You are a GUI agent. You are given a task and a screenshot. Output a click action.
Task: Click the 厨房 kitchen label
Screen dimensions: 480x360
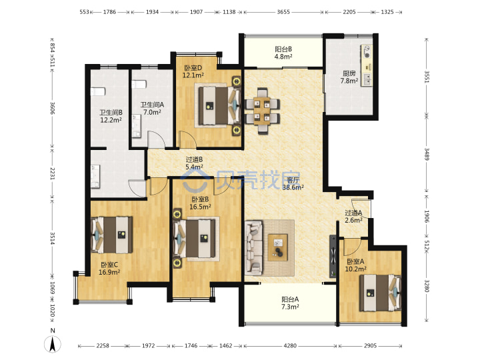pyautogui.click(x=349, y=77)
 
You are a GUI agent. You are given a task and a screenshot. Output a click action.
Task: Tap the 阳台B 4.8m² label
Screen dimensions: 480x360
pyautogui.click(x=283, y=53)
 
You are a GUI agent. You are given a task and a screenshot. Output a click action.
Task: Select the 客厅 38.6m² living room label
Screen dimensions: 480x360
pyautogui.click(x=293, y=184)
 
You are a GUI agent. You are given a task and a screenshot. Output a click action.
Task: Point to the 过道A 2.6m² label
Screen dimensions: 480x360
pyautogui.click(x=353, y=216)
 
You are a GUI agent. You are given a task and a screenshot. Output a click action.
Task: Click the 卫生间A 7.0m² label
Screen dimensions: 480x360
pyautogui.click(x=152, y=109)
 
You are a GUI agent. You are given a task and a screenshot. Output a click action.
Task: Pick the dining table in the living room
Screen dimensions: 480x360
pyautogui.click(x=262, y=111)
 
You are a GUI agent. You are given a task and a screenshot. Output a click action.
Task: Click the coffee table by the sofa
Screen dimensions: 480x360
pyautogui.click(x=277, y=247)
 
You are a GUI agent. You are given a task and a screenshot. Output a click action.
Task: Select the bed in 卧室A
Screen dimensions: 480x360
pyautogui.click(x=380, y=293)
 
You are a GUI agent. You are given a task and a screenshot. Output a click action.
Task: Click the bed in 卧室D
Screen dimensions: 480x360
pyautogui.click(x=219, y=105)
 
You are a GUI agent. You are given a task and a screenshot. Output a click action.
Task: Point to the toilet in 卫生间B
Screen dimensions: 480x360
pyautogui.click(x=98, y=91)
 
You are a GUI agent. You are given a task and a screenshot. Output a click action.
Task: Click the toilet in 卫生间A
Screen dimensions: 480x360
pyautogui.click(x=139, y=84)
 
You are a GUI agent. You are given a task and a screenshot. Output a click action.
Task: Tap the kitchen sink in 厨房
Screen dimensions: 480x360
pyautogui.click(x=367, y=79)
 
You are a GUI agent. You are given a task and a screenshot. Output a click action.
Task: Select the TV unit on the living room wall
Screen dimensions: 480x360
pyautogui.click(x=333, y=257)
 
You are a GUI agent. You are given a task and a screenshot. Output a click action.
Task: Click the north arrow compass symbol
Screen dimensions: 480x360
pyautogui.click(x=53, y=343)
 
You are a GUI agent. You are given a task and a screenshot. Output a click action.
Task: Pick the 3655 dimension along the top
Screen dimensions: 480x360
pyautogui.click(x=283, y=12)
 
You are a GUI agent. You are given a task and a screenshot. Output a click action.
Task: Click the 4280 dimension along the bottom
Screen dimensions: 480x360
pyautogui.click(x=290, y=345)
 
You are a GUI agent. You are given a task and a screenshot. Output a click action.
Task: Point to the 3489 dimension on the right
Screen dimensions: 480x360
pyautogui.click(x=427, y=154)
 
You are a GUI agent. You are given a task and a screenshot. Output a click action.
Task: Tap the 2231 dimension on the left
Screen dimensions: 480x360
pyautogui.click(x=53, y=173)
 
